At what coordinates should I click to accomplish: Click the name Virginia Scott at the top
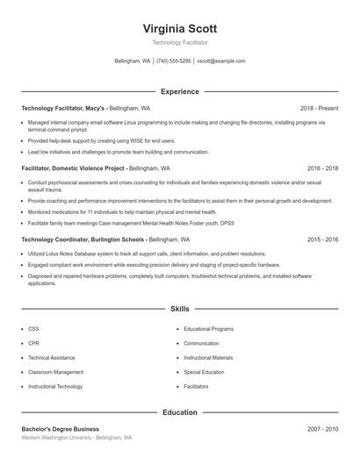(x=179, y=28)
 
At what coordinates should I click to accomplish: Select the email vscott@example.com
(x=221, y=61)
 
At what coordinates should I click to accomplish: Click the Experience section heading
(x=179, y=91)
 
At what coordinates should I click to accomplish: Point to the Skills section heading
(x=179, y=309)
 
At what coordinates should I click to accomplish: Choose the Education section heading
(x=179, y=411)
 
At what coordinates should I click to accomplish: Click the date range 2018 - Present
(x=319, y=108)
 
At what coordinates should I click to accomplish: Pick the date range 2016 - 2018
(x=322, y=167)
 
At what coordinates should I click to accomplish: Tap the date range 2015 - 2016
(x=322, y=239)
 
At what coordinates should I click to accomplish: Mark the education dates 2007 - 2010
(x=322, y=429)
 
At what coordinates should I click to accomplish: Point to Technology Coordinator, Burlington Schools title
(x=83, y=239)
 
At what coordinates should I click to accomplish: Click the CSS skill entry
(x=33, y=329)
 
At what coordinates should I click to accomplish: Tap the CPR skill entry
(x=33, y=343)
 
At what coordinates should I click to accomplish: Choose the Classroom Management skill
(x=55, y=372)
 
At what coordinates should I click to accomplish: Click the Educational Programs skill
(x=209, y=329)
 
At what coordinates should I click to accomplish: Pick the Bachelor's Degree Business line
(x=61, y=429)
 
